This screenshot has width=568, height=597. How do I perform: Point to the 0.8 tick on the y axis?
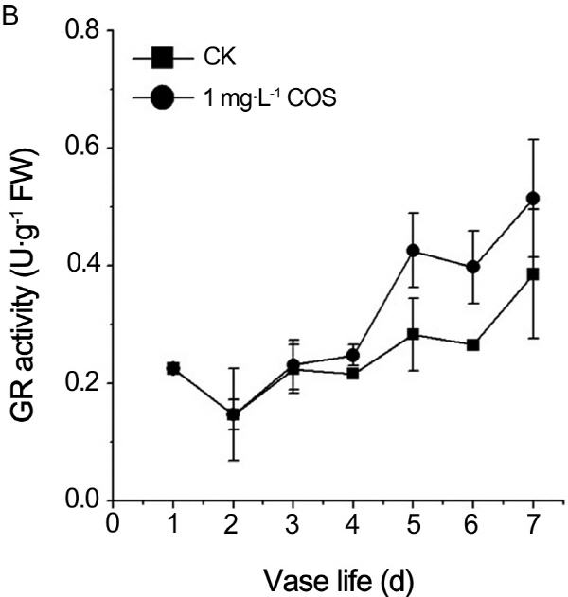[80, 30]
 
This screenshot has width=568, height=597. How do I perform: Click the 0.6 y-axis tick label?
[80, 148]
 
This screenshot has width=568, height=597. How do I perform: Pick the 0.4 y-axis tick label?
[80, 266]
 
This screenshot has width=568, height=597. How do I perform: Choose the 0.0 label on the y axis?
[80, 500]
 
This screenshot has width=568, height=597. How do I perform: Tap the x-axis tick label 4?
[353, 522]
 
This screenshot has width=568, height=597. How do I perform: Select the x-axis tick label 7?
[532, 522]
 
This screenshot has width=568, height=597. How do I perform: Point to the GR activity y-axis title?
[26, 266]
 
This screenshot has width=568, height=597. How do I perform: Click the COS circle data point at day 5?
[413, 251]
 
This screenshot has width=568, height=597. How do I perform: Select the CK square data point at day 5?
[413, 334]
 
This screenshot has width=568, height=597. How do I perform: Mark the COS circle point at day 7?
[532, 199]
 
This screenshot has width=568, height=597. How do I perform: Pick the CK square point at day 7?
[532, 274]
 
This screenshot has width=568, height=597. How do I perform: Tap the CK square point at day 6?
[472, 344]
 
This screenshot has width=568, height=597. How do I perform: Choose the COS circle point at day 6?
[472, 267]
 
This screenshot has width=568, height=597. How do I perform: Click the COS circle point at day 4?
[353, 356]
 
